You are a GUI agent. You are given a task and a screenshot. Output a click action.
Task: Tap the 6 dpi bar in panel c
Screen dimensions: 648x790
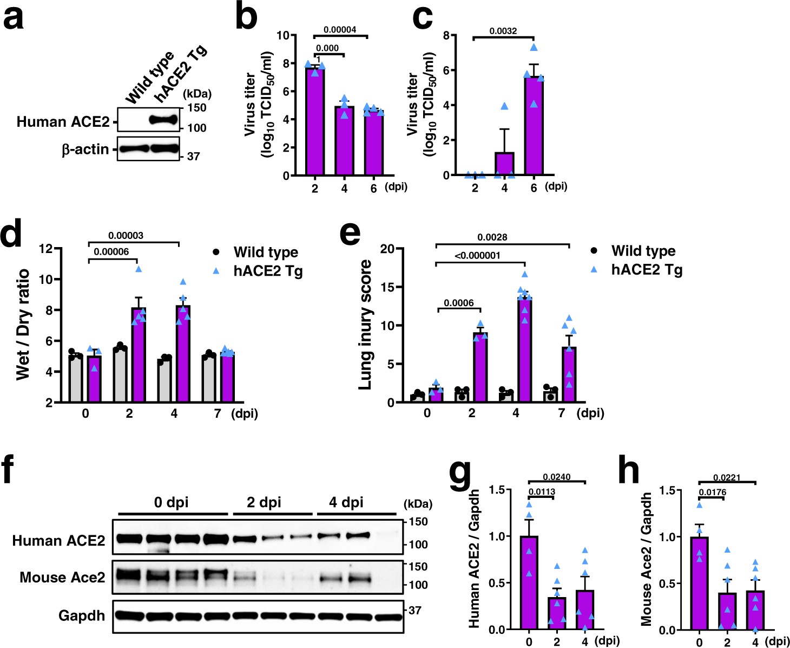(x=534, y=126)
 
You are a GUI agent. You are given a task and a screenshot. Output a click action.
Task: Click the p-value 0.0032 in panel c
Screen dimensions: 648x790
(x=503, y=31)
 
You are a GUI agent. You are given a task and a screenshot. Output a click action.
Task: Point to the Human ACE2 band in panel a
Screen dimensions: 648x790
(x=164, y=120)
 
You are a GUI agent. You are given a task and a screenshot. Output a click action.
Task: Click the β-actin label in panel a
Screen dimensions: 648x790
(x=85, y=150)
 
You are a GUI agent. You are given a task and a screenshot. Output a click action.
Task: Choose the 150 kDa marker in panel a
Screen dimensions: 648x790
(x=197, y=108)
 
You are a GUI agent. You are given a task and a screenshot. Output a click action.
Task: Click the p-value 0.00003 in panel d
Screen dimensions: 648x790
(x=126, y=236)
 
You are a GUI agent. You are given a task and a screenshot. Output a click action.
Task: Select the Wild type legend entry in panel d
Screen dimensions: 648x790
(x=265, y=252)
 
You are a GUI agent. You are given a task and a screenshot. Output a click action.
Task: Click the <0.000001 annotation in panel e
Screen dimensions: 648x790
(x=477, y=256)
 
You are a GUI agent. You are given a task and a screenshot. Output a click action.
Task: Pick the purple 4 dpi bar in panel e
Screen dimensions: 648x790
(x=524, y=349)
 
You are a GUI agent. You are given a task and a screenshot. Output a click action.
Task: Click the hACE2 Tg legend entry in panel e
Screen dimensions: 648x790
(x=646, y=270)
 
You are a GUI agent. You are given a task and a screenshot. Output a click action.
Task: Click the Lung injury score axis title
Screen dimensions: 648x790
(x=366, y=325)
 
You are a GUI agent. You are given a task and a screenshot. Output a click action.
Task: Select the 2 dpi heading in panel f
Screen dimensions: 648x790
(x=264, y=502)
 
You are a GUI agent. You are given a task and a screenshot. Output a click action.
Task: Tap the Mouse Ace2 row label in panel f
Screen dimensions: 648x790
(x=62, y=578)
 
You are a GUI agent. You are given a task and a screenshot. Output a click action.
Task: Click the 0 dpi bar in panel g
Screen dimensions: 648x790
(x=529, y=582)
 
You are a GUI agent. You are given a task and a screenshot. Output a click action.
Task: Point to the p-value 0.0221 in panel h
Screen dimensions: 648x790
(x=727, y=478)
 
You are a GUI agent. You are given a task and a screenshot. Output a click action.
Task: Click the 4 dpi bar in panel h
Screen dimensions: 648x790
(x=755, y=610)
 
